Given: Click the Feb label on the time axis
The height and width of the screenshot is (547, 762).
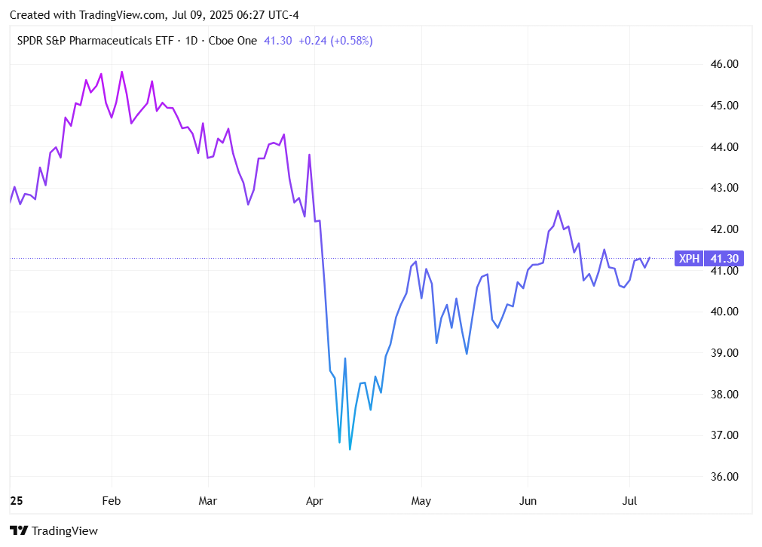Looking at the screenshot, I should pos(112,501).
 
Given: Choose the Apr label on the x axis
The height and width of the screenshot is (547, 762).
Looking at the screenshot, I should pos(315,501).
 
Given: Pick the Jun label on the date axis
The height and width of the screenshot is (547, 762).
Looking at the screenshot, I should pos(528,501).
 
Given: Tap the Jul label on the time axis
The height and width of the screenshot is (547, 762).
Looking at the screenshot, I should pos(630,501).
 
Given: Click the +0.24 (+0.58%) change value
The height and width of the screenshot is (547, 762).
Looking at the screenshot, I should pos(335,41).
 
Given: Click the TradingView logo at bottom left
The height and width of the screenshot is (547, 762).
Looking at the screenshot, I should pos(54,531).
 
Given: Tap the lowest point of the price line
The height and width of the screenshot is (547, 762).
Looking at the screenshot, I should pos(350,450).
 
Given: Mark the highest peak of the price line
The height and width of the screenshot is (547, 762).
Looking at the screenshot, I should pos(122,72).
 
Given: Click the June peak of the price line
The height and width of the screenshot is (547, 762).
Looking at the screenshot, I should pos(558,211).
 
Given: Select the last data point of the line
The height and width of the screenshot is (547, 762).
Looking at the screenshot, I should pos(649,258).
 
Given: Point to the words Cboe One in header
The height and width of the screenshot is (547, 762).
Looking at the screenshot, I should pos(234,41).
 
